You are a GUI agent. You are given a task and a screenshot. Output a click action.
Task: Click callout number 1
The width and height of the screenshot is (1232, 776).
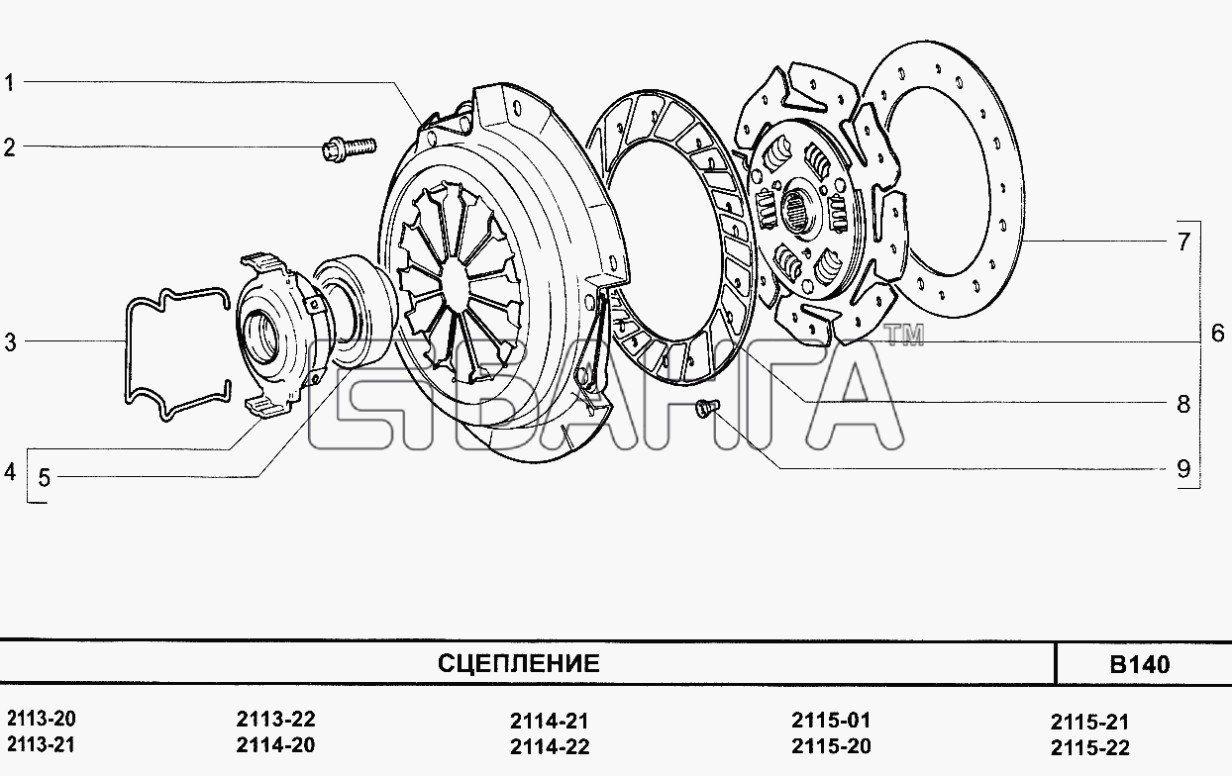click(x=9, y=83)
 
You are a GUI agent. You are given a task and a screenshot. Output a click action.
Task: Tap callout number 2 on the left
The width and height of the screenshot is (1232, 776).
click(x=9, y=147)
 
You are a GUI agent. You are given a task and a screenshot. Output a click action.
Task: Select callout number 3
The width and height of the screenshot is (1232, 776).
click(x=11, y=342)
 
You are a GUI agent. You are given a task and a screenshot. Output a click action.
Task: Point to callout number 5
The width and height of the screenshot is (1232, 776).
click(x=44, y=478)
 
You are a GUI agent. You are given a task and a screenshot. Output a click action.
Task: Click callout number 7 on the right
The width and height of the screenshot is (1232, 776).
click(x=1183, y=242)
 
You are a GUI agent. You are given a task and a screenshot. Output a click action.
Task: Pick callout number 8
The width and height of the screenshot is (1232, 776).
click(x=1183, y=404)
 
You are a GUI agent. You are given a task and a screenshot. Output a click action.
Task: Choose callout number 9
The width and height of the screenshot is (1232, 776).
click(x=1183, y=469)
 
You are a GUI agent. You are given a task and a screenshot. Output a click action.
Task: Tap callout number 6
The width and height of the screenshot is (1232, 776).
click(x=1218, y=334)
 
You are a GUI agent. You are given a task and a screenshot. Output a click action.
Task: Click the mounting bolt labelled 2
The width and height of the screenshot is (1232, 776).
click(x=349, y=148)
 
